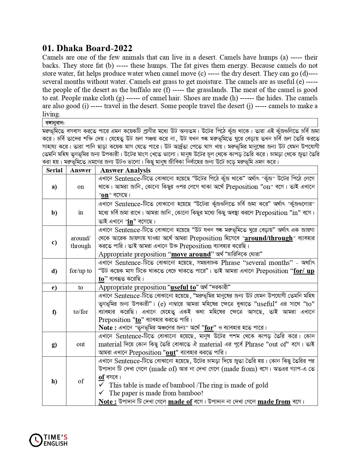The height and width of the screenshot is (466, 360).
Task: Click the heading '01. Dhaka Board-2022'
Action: [x=87, y=48]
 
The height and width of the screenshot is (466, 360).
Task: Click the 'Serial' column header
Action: [x=54, y=170]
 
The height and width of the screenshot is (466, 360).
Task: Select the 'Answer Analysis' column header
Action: [x=125, y=170]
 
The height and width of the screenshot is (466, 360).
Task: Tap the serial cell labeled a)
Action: [x=54, y=187]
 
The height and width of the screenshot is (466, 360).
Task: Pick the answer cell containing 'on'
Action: [x=81, y=187]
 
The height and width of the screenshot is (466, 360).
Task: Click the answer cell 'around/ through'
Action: [x=81, y=242]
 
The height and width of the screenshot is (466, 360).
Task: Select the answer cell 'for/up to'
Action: [x=81, y=271]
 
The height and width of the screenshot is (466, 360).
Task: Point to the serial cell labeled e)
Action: [x=54, y=288]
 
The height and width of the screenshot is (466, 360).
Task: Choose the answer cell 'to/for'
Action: [x=81, y=312]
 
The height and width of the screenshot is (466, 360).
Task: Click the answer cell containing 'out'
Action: [x=81, y=344]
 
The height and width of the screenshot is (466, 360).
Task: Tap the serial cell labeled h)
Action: [x=54, y=381]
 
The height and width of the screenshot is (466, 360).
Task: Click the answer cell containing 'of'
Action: [x=81, y=381]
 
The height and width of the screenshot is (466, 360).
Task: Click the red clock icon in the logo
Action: [x=36, y=440]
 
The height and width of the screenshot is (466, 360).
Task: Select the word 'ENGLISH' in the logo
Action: [x=56, y=444]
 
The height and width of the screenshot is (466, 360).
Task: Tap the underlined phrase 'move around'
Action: [x=191, y=254]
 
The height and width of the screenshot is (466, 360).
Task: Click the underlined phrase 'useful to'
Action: [x=183, y=288]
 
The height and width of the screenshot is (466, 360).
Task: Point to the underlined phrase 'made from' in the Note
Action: [x=274, y=402]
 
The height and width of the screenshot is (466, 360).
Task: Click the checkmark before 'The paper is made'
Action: [x=102, y=393]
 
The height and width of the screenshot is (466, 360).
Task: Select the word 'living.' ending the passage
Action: [x=51, y=114]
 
